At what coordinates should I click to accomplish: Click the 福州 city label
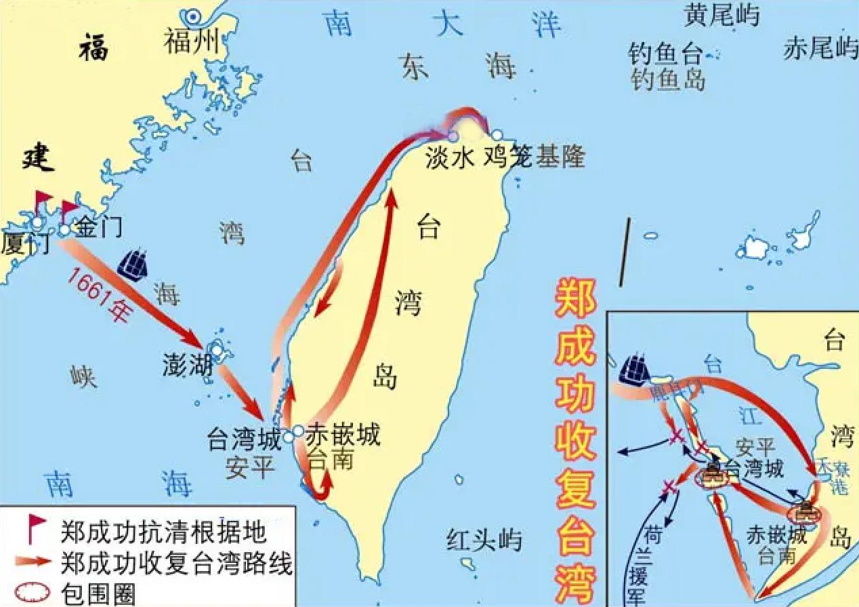point(192,43)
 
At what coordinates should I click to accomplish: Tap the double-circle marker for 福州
point(195,16)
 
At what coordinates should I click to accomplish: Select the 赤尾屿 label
point(820,48)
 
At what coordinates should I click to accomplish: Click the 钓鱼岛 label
point(667,80)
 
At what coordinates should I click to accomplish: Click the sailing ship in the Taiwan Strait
point(133,265)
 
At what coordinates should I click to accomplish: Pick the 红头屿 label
point(484,540)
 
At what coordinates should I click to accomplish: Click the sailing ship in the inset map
point(635,370)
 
